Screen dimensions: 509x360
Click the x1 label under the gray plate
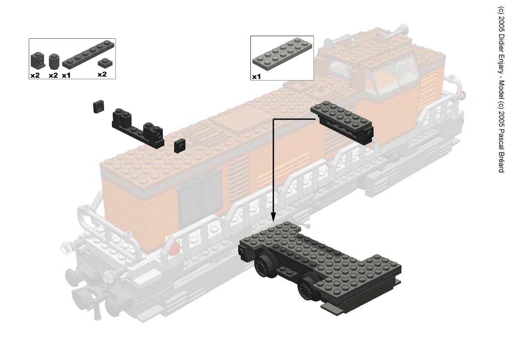pos(256,77)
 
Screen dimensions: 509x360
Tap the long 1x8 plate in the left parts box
pos(88,54)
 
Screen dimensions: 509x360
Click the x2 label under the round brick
pos(53,75)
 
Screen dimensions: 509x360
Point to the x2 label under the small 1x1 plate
pos(102,74)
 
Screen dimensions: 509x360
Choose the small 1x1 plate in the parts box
pos(104,62)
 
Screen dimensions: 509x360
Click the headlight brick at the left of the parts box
pos(37,61)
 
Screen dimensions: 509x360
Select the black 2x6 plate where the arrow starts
pos(342,122)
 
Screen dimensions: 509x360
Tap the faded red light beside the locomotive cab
pos(464,95)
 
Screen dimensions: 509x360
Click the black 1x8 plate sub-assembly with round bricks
pos(138,128)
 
